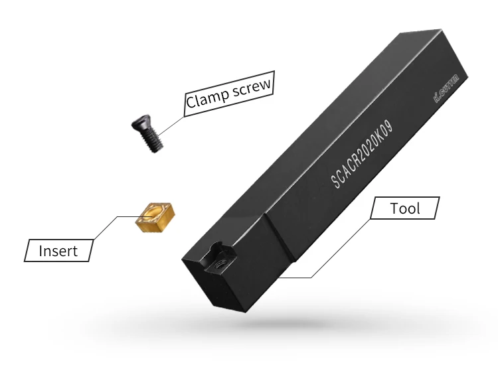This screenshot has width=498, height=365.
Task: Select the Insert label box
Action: [x=59, y=250]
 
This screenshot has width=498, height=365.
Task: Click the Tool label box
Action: [x=405, y=208]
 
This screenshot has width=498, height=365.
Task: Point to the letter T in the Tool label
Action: [x=394, y=208]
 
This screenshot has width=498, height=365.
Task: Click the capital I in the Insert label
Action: [x=41, y=251]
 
